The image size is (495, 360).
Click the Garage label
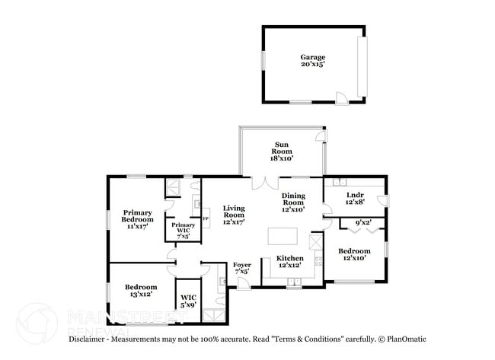pyautogui.click(x=312, y=61)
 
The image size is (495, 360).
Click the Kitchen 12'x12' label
pyautogui.click(x=289, y=262)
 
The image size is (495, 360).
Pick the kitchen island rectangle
pyautogui.click(x=279, y=237)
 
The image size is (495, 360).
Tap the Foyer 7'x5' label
pyautogui.click(x=242, y=267)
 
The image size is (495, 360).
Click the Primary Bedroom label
pyautogui.click(x=138, y=218)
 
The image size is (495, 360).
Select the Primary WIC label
pyautogui.click(x=183, y=229)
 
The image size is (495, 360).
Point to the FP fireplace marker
pyautogui.click(x=203, y=218)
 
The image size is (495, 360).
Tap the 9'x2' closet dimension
pyautogui.click(x=364, y=223)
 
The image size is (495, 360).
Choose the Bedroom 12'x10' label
pyautogui.click(x=354, y=254)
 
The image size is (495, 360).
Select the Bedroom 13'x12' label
pyautogui.click(x=141, y=291)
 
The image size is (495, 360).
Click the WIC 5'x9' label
pyautogui.click(x=187, y=301)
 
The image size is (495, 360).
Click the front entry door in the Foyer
pyautogui.click(x=243, y=283)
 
